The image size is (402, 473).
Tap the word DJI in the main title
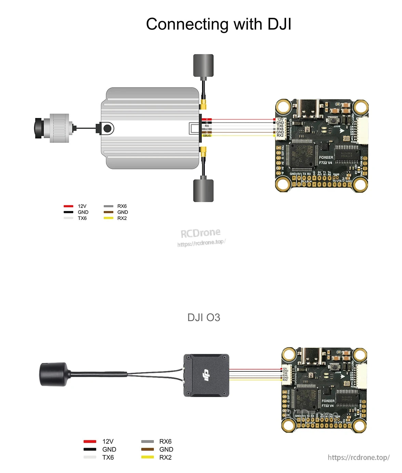279,25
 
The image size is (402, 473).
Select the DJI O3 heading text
204,317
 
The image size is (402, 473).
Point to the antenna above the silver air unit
203,65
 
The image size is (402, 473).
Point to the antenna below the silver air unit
203,190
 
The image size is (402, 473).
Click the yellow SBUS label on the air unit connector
207,136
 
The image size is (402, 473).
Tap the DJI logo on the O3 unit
206,375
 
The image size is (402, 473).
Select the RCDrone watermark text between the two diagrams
201,233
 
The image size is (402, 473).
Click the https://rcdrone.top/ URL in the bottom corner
359,458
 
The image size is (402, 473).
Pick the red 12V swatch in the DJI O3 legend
90,442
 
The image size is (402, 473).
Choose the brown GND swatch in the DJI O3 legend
148,449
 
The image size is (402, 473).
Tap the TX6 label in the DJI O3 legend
108,457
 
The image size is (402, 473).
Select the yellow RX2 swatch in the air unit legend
108,218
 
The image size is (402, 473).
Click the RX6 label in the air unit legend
122,206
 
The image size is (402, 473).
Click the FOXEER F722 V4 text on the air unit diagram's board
326,160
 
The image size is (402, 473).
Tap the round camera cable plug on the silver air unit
107,129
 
